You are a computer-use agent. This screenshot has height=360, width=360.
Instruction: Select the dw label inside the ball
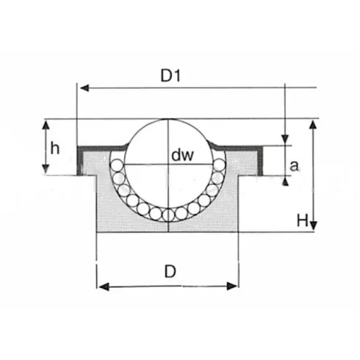(181, 155)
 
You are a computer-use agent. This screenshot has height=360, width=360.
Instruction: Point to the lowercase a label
(295, 167)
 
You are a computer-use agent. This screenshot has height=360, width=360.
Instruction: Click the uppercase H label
(301, 218)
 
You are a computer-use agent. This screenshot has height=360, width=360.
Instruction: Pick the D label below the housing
(170, 271)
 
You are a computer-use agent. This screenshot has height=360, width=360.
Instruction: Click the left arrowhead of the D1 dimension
(82, 88)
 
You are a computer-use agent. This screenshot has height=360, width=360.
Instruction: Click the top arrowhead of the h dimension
(46, 123)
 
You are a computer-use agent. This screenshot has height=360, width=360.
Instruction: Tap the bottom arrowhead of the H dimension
(314, 226)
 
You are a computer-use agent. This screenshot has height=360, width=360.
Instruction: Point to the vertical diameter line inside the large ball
(168, 184)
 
